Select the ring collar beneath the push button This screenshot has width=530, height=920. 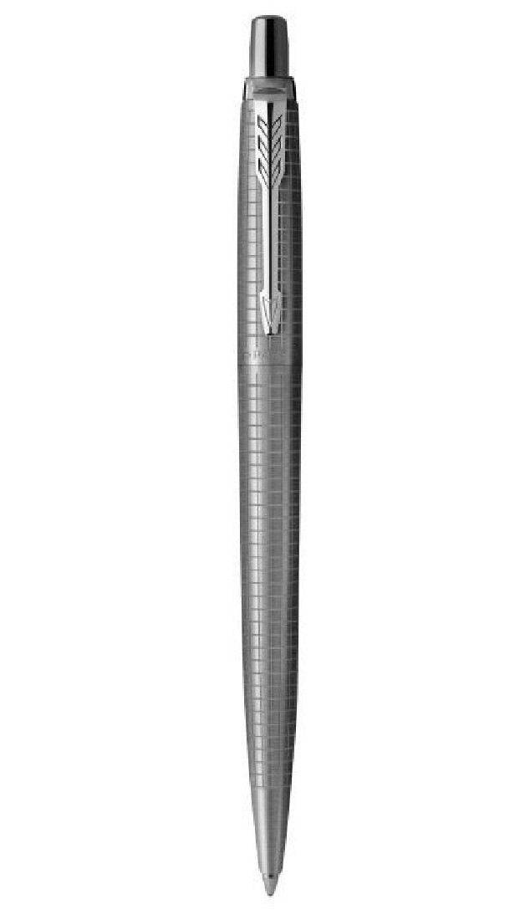pos(270,86)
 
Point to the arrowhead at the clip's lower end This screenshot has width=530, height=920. pos(270,311)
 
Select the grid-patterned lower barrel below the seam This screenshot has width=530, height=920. pos(269,544)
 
